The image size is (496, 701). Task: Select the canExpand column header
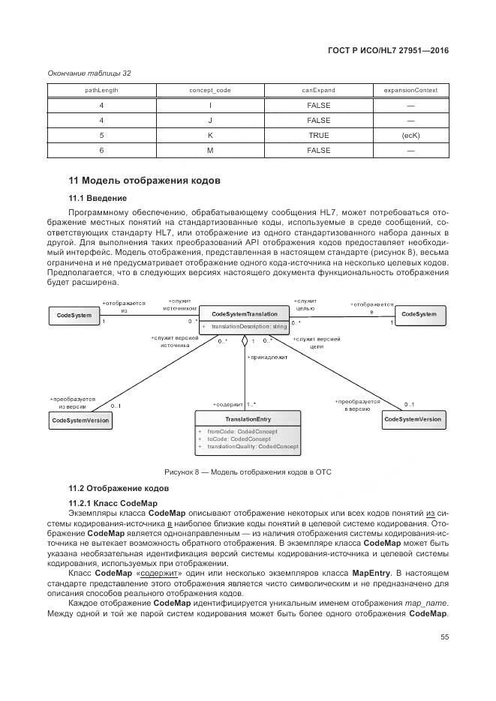(318, 91)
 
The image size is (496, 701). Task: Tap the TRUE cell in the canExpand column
(318, 136)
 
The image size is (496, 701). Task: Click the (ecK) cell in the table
(410, 136)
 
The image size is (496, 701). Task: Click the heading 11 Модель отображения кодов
(143, 181)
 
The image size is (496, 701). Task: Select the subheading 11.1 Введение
(98, 198)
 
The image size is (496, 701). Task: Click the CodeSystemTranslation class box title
(245, 314)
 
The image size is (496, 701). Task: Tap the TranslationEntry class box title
(248, 418)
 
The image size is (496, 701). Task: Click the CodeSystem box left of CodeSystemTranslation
(74, 316)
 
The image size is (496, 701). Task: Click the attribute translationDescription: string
(248, 327)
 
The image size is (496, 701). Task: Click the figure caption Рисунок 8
(248, 472)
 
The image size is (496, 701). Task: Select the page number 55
(444, 637)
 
